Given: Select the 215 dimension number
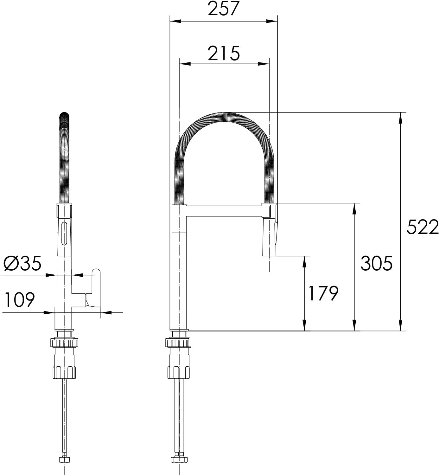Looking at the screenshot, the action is click(x=224, y=53).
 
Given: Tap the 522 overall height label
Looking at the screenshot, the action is click(x=423, y=227).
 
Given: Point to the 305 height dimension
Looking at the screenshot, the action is click(x=376, y=263).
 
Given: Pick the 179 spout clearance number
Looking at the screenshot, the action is click(x=323, y=293).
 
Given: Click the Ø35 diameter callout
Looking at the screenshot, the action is click(x=22, y=263).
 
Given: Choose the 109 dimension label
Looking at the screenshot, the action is click(x=20, y=299).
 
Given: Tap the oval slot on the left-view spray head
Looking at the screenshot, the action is click(x=64, y=233).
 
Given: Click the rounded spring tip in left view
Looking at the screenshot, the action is click(x=64, y=116).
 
